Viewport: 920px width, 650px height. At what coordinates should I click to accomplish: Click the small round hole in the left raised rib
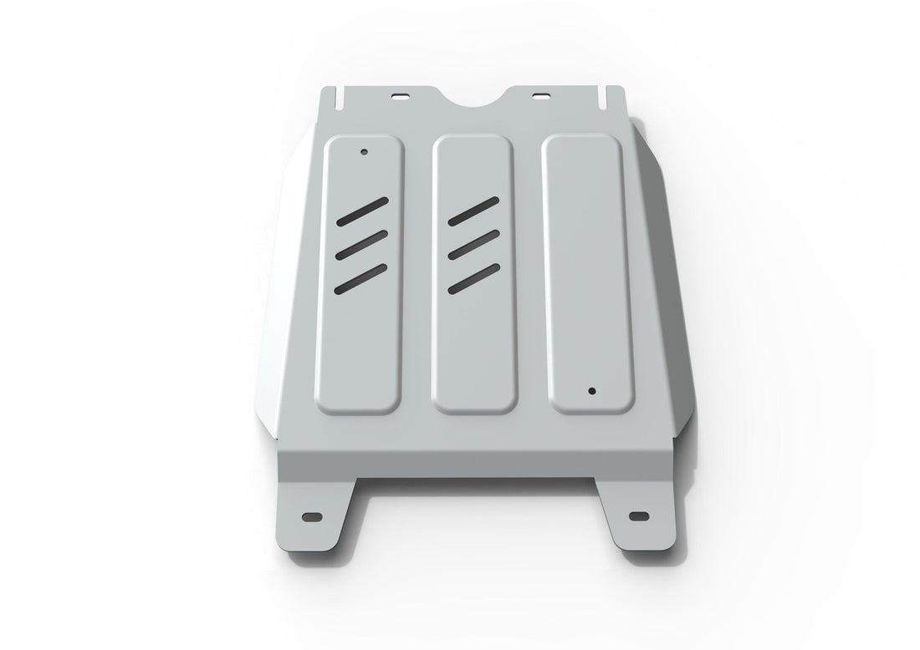click(364, 152)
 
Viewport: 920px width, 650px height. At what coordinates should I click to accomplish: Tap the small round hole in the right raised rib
click(591, 390)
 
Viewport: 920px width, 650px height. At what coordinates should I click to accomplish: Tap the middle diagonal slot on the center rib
click(473, 244)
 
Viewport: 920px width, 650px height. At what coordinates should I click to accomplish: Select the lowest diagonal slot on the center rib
click(473, 277)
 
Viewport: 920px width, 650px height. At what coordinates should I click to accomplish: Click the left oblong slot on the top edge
click(403, 94)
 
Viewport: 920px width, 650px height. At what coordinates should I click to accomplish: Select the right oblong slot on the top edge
click(542, 94)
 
